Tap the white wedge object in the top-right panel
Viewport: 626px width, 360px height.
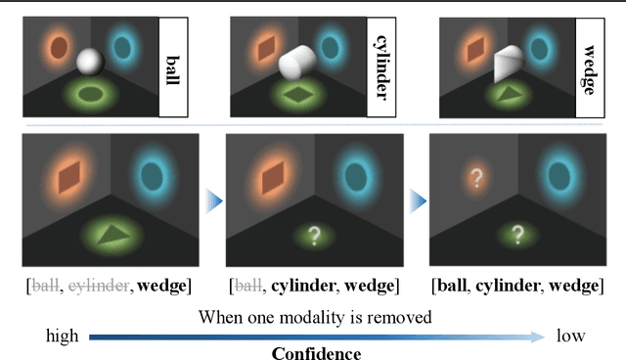coord(514,64)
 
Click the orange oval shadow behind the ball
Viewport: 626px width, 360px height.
coord(59,48)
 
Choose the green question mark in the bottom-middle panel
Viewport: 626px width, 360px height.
coord(314,235)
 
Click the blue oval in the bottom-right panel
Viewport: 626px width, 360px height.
coord(561,177)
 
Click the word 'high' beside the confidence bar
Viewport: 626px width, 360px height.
coord(63,336)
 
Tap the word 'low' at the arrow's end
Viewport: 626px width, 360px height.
coord(570,336)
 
